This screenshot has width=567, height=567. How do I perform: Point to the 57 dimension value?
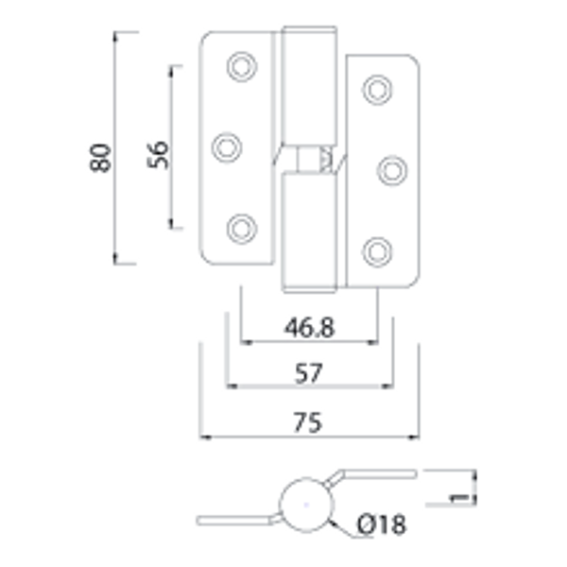click(309, 372)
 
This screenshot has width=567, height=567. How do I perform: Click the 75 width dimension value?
click(309, 421)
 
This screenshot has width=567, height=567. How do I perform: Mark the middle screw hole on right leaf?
click(392, 169)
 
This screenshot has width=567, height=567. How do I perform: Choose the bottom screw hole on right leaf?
click(377, 249)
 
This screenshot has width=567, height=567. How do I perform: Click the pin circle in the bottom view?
click(305, 509)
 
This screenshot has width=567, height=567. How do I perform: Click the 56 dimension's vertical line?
click(172, 146)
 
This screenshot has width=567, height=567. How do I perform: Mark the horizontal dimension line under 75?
click(309, 438)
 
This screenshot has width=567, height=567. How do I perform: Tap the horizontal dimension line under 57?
click(309, 387)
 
